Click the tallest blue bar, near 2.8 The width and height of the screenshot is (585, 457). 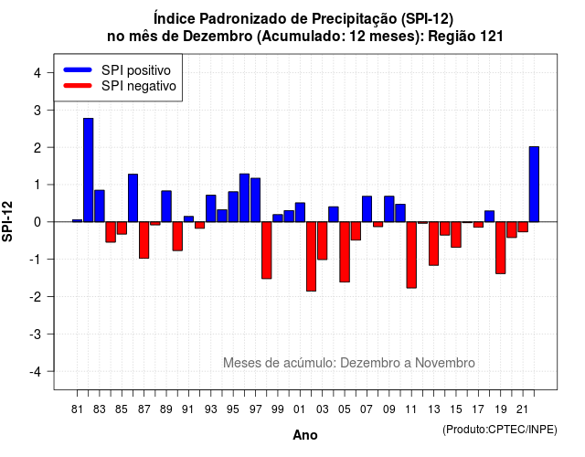pos(89,170)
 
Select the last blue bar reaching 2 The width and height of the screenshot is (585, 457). pos(534,185)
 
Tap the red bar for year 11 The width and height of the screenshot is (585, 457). pos(411,255)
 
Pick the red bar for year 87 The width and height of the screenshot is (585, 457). pos(144,239)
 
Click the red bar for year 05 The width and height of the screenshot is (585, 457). pos(345,252)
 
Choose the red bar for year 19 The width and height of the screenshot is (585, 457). pos(501,248)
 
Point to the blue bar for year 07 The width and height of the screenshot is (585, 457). pos(367,209)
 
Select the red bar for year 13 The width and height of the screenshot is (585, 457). pos(434,244)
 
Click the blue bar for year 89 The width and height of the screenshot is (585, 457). pos(166,207)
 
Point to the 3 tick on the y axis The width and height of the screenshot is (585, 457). pos(50,110)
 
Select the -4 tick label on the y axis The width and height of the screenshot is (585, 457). pos(37,372)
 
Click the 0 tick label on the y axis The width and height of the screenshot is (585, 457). pos(37,222)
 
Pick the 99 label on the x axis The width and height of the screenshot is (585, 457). pos(278,409)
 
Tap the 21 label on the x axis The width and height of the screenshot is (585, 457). pos(522,409)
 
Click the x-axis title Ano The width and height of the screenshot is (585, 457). pos(305,435)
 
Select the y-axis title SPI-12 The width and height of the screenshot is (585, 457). pos(7,221)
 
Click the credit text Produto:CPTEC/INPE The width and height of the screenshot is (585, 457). pos(500,430)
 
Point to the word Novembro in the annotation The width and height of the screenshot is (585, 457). pos(445,363)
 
